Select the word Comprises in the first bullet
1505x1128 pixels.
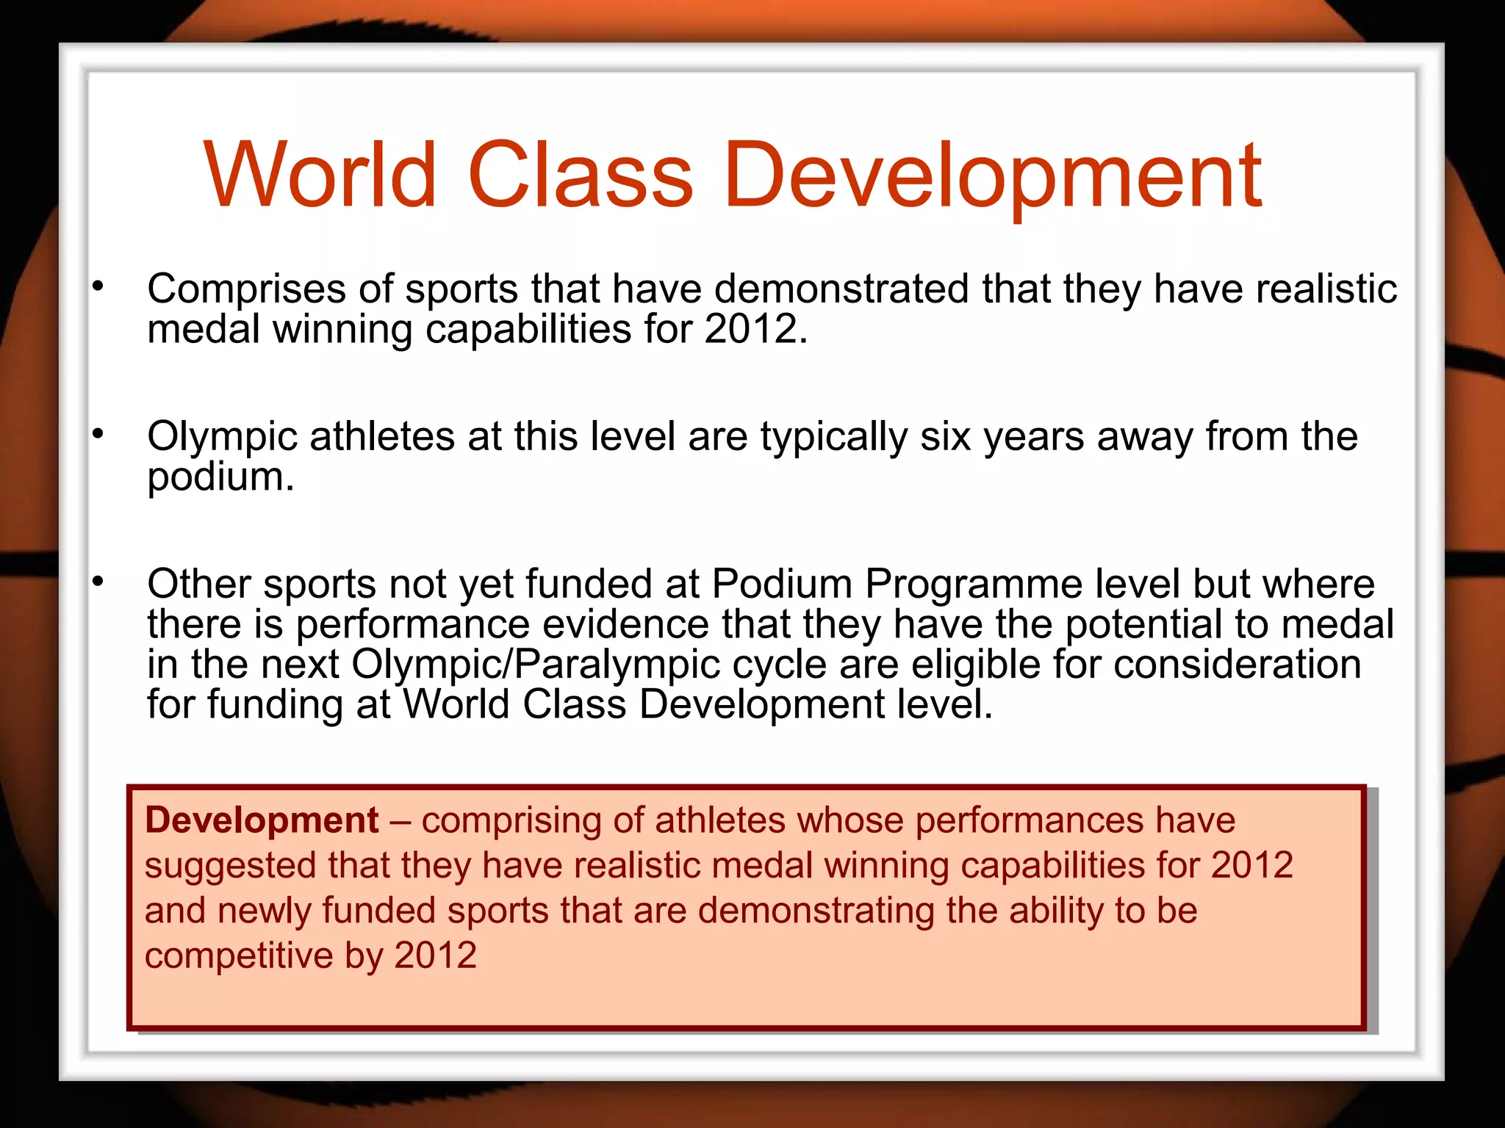coord(246,289)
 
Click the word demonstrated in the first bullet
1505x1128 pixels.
coord(841,288)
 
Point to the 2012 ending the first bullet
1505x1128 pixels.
coord(751,328)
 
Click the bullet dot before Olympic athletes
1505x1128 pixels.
coord(98,435)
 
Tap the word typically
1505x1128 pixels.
coord(834,438)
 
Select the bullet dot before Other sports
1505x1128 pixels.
coord(98,582)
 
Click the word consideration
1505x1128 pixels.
coord(1238,665)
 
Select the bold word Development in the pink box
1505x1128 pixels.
coord(262,820)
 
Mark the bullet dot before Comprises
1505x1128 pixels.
coord(98,287)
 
